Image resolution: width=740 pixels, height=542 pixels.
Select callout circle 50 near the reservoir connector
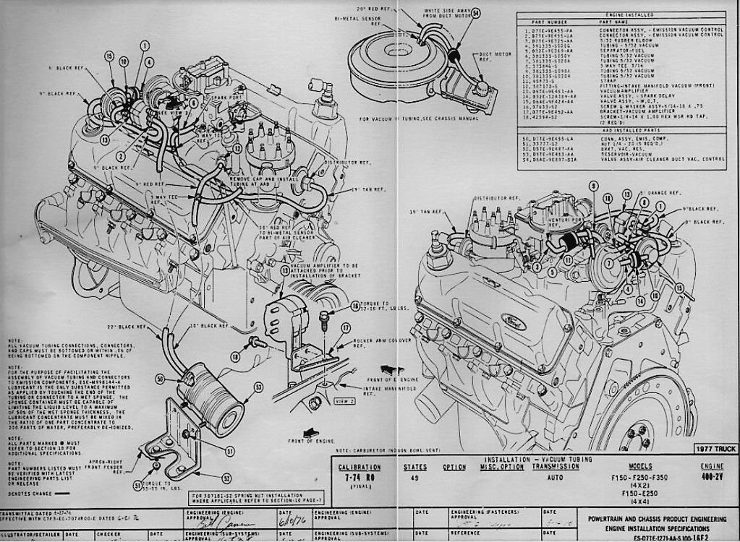tap(159, 378)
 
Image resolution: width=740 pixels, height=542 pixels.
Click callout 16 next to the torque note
tap(354, 307)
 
